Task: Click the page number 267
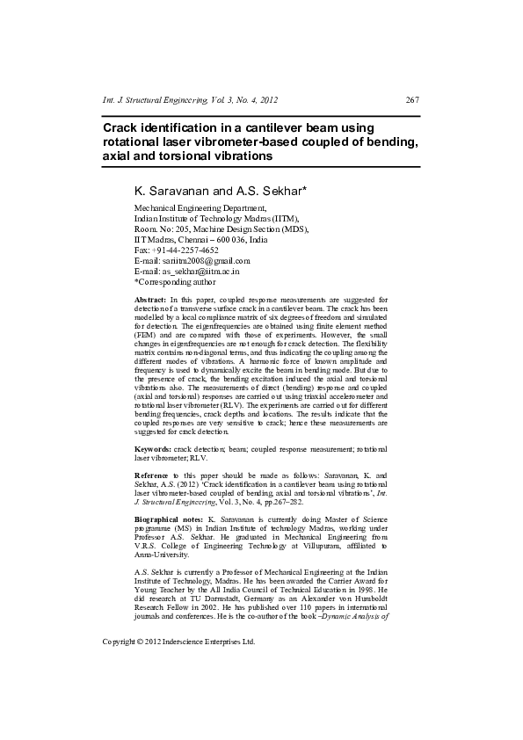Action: click(411, 100)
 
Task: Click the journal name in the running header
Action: click(164, 100)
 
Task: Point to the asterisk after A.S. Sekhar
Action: click(304, 189)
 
